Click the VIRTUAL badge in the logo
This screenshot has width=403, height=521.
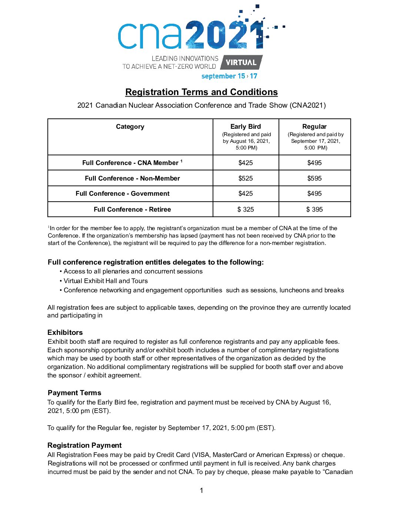tap(241, 63)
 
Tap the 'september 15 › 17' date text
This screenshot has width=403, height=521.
tap(229, 76)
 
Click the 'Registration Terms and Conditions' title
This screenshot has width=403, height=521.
tap(201, 92)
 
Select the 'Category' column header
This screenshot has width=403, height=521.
tap(130, 127)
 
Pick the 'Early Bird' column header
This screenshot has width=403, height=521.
tap(246, 127)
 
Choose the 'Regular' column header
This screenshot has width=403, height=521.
tap(314, 127)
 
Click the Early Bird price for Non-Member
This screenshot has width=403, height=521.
tap(246, 178)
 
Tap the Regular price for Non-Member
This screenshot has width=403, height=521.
tap(314, 178)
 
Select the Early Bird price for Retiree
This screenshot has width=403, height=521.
tap(246, 209)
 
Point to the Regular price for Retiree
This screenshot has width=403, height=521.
tap(314, 209)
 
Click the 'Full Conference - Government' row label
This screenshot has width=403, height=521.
tap(123, 194)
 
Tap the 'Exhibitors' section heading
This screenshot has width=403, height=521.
tap(65, 332)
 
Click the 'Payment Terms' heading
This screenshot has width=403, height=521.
tap(74, 393)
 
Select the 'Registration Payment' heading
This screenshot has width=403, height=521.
tap(84, 446)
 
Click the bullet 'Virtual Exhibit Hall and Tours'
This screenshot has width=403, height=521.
tap(106, 281)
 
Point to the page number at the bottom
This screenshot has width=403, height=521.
tap(201, 491)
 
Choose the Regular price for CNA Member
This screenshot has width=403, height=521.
tap(314, 163)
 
